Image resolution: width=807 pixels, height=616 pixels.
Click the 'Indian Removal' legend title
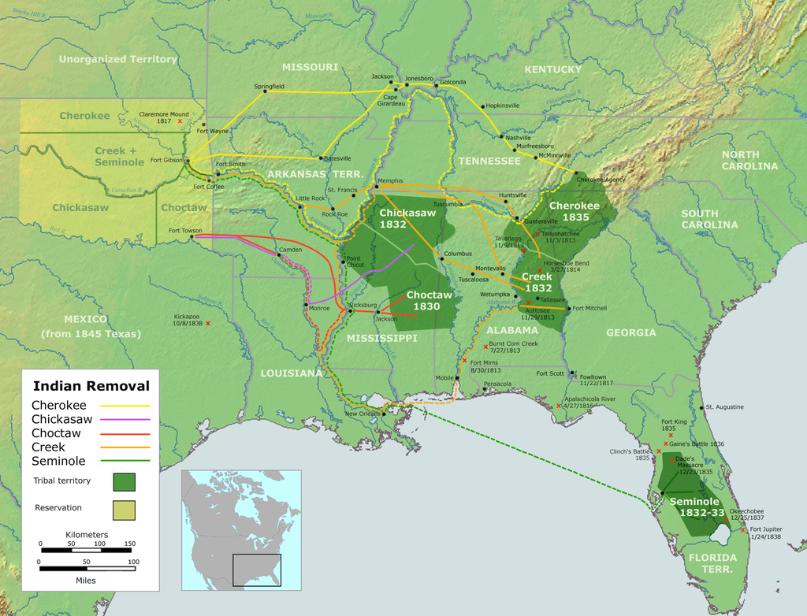coord(91,386)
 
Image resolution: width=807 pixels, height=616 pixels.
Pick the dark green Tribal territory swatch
coord(124,481)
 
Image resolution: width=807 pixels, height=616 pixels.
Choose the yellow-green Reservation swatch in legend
coord(124,510)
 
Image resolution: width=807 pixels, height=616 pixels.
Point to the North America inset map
coord(241,529)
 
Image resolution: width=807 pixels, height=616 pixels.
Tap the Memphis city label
coord(390,180)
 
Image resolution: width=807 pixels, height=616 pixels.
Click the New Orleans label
coord(363,414)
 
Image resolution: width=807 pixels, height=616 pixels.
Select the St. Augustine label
coord(724,407)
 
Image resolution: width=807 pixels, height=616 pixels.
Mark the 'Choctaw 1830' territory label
coord(429,300)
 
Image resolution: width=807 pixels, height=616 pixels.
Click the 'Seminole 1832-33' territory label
coord(694,507)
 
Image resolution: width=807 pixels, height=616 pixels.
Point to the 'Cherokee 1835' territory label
coord(574,211)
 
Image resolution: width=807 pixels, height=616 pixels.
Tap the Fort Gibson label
coord(166,161)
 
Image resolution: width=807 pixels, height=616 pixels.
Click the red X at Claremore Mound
coord(180,121)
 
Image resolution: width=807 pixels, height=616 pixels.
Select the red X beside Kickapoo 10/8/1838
coord(208,323)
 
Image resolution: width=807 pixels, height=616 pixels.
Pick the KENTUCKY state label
coord(552,69)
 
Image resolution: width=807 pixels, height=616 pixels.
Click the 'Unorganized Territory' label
coord(118,59)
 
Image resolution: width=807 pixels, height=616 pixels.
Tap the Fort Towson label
coord(185,230)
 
